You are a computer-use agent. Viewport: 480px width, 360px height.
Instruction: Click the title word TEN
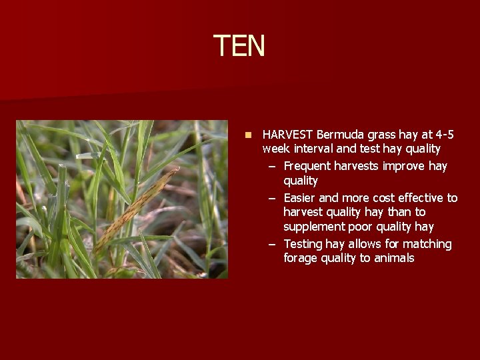239,46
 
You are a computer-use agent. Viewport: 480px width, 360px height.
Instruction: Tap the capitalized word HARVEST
288,135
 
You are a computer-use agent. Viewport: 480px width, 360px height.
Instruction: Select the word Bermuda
340,135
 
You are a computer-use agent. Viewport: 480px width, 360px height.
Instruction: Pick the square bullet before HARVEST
248,135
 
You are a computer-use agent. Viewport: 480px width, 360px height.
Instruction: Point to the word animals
393,259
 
